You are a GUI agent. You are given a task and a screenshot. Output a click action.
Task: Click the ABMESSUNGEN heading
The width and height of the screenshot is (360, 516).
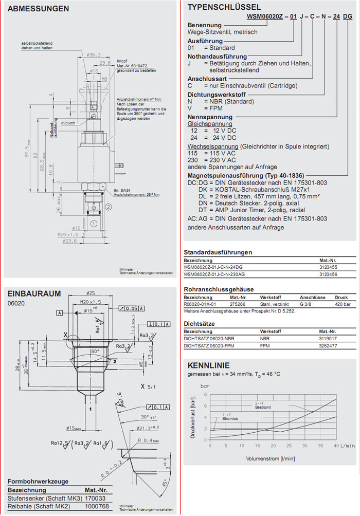39,9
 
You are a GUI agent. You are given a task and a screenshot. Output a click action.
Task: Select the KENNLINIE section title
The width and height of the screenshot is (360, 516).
205,365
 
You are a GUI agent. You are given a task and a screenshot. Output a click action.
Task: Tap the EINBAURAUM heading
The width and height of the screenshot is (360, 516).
34,293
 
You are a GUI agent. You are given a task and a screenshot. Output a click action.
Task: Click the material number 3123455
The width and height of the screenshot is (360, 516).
328,268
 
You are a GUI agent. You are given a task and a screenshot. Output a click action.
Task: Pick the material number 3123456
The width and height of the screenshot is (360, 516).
328,275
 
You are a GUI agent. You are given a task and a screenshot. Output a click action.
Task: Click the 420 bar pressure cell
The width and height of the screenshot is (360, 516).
341,304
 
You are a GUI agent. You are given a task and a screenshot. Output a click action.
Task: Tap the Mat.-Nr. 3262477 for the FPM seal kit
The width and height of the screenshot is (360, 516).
328,346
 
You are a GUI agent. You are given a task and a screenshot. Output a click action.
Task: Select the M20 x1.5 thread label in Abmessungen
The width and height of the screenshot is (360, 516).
65,234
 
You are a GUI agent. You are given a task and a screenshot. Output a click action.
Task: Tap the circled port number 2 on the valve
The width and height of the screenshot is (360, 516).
109,208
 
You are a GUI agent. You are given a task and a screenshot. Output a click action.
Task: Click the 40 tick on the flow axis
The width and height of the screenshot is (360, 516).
336,445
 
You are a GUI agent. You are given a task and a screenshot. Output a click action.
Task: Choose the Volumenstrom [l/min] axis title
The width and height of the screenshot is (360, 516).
270,458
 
